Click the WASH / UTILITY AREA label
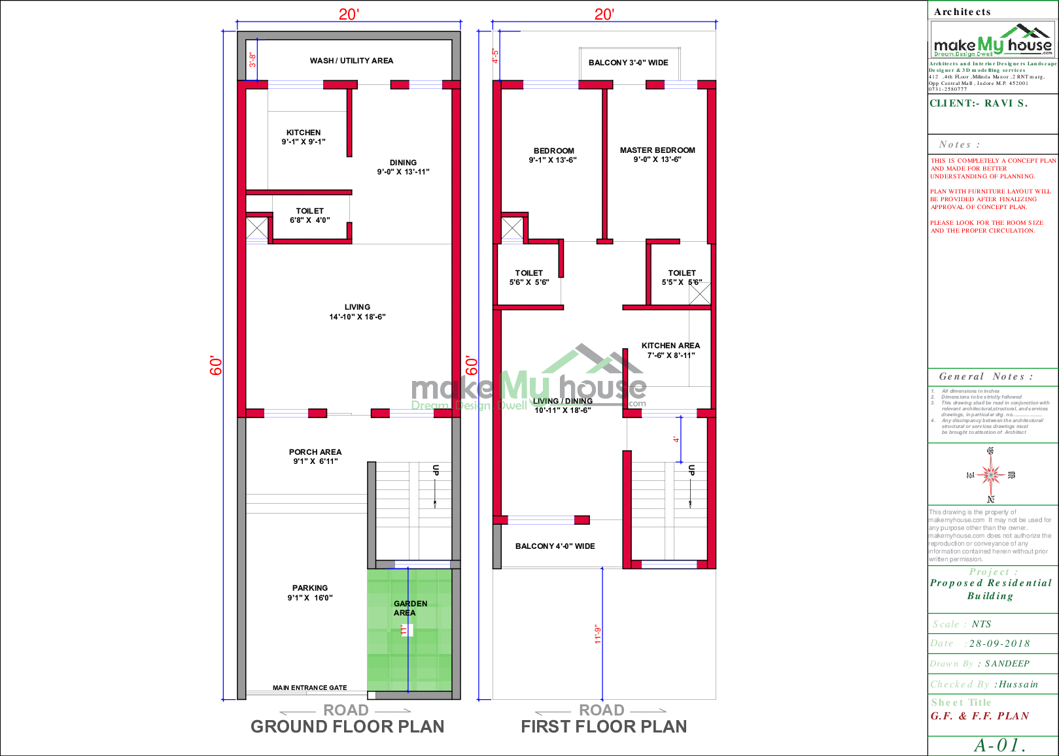point(351,61)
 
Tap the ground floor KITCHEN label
point(304,137)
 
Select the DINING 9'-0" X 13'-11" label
point(403,167)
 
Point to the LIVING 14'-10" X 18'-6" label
point(357,312)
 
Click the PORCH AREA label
point(315,456)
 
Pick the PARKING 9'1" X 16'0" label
point(310,593)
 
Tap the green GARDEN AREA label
point(410,608)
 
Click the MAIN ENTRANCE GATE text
point(310,687)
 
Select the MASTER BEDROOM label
point(657,154)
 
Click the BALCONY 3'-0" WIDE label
point(628,63)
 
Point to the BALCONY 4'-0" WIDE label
point(555,546)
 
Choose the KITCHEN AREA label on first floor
point(670,350)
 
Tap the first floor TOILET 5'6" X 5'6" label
point(529,278)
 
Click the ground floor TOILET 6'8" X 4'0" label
point(310,216)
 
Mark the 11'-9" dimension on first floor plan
point(597,634)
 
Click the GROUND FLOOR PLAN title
point(347,727)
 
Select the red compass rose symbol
point(991,474)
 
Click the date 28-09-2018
point(999,644)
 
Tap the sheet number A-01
point(999,745)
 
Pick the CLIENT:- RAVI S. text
point(979,103)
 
